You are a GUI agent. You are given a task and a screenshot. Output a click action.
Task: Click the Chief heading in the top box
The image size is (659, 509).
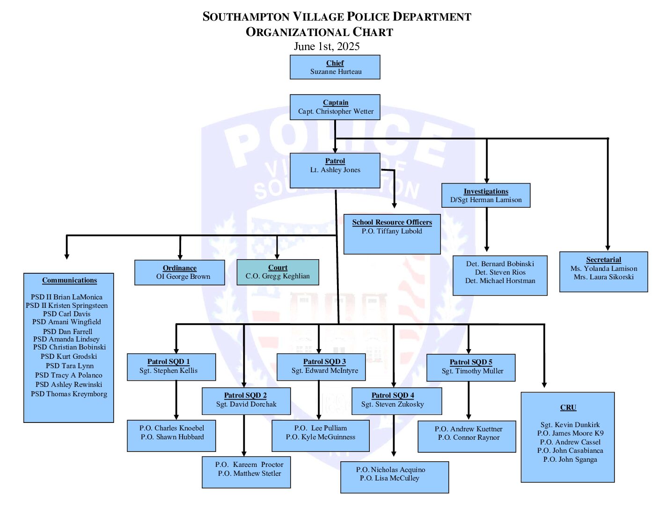[335, 63]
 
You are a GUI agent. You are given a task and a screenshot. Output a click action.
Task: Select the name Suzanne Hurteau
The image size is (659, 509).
[336, 72]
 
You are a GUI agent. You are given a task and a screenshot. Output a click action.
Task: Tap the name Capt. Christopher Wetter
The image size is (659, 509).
[336, 111]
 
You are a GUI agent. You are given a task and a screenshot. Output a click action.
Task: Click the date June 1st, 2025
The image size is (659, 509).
[327, 46]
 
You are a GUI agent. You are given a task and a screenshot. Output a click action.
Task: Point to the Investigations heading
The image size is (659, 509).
[486, 191]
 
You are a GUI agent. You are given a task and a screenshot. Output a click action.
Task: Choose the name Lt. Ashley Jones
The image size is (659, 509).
[335, 170]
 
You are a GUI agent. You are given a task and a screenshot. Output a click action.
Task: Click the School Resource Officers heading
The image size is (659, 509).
[392, 222]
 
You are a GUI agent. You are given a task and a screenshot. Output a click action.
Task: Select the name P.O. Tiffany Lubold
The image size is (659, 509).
[392, 231]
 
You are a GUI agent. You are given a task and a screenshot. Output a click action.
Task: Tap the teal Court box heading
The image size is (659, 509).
[278, 268]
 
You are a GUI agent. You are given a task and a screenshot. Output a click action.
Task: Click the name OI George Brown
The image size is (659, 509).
[183, 276]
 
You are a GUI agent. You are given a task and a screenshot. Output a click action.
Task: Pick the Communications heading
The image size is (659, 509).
[69, 280]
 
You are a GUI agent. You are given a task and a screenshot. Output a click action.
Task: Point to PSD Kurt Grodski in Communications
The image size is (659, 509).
[69, 356]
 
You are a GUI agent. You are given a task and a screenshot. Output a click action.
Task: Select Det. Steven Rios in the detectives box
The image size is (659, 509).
[500, 272]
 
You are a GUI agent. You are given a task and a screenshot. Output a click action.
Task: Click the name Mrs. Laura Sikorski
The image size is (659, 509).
[604, 277]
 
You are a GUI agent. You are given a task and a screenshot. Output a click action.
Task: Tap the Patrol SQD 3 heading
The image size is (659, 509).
[324, 362]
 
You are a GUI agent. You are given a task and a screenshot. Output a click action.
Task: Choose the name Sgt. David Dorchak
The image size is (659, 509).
[246, 404]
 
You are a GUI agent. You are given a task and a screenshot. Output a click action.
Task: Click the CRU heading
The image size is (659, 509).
[568, 407]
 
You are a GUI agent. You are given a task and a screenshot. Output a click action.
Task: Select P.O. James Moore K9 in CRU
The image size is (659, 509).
[570, 433]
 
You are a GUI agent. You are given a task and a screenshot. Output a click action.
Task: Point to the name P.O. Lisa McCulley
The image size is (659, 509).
[389, 478]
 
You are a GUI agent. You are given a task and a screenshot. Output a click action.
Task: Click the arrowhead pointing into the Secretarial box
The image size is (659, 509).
[608, 248]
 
